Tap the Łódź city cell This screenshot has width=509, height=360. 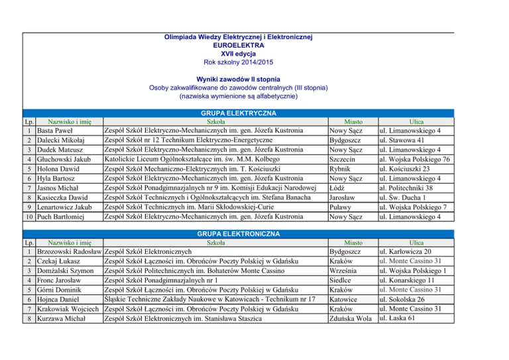339,188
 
